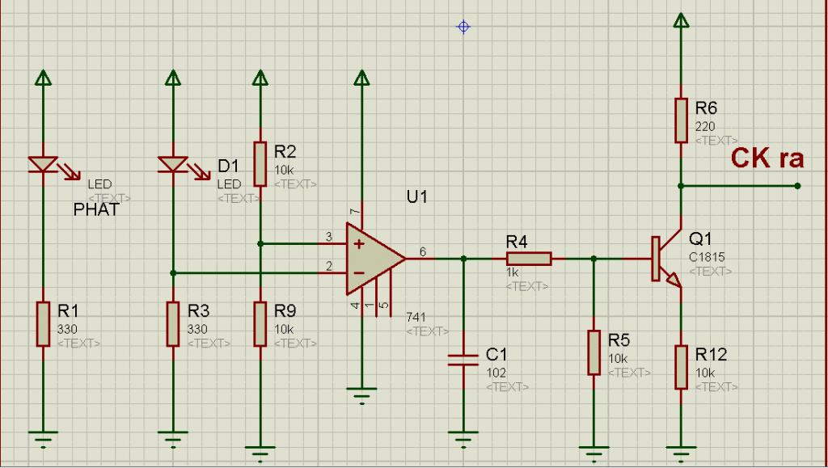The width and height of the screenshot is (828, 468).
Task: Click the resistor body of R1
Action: pos(43,323)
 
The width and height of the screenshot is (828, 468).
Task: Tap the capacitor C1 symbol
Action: pos(463,359)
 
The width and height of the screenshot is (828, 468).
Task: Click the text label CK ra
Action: pos(767,158)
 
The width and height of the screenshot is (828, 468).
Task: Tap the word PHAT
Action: pos(96,210)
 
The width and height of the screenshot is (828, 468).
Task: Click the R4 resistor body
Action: pos(529,259)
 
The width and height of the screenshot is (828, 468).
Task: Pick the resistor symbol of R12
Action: pos(681,366)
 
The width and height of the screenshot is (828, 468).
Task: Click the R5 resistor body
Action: pos(594,352)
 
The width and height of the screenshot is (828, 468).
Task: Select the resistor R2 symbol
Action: pos(260,164)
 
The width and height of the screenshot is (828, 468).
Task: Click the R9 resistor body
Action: pos(260,323)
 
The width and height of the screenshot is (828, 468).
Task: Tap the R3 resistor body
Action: pos(173,323)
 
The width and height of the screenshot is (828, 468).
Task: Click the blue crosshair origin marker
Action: pos(463,27)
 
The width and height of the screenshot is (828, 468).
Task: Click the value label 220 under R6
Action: pos(706,126)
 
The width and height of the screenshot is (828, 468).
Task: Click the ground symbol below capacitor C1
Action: pos(463,440)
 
